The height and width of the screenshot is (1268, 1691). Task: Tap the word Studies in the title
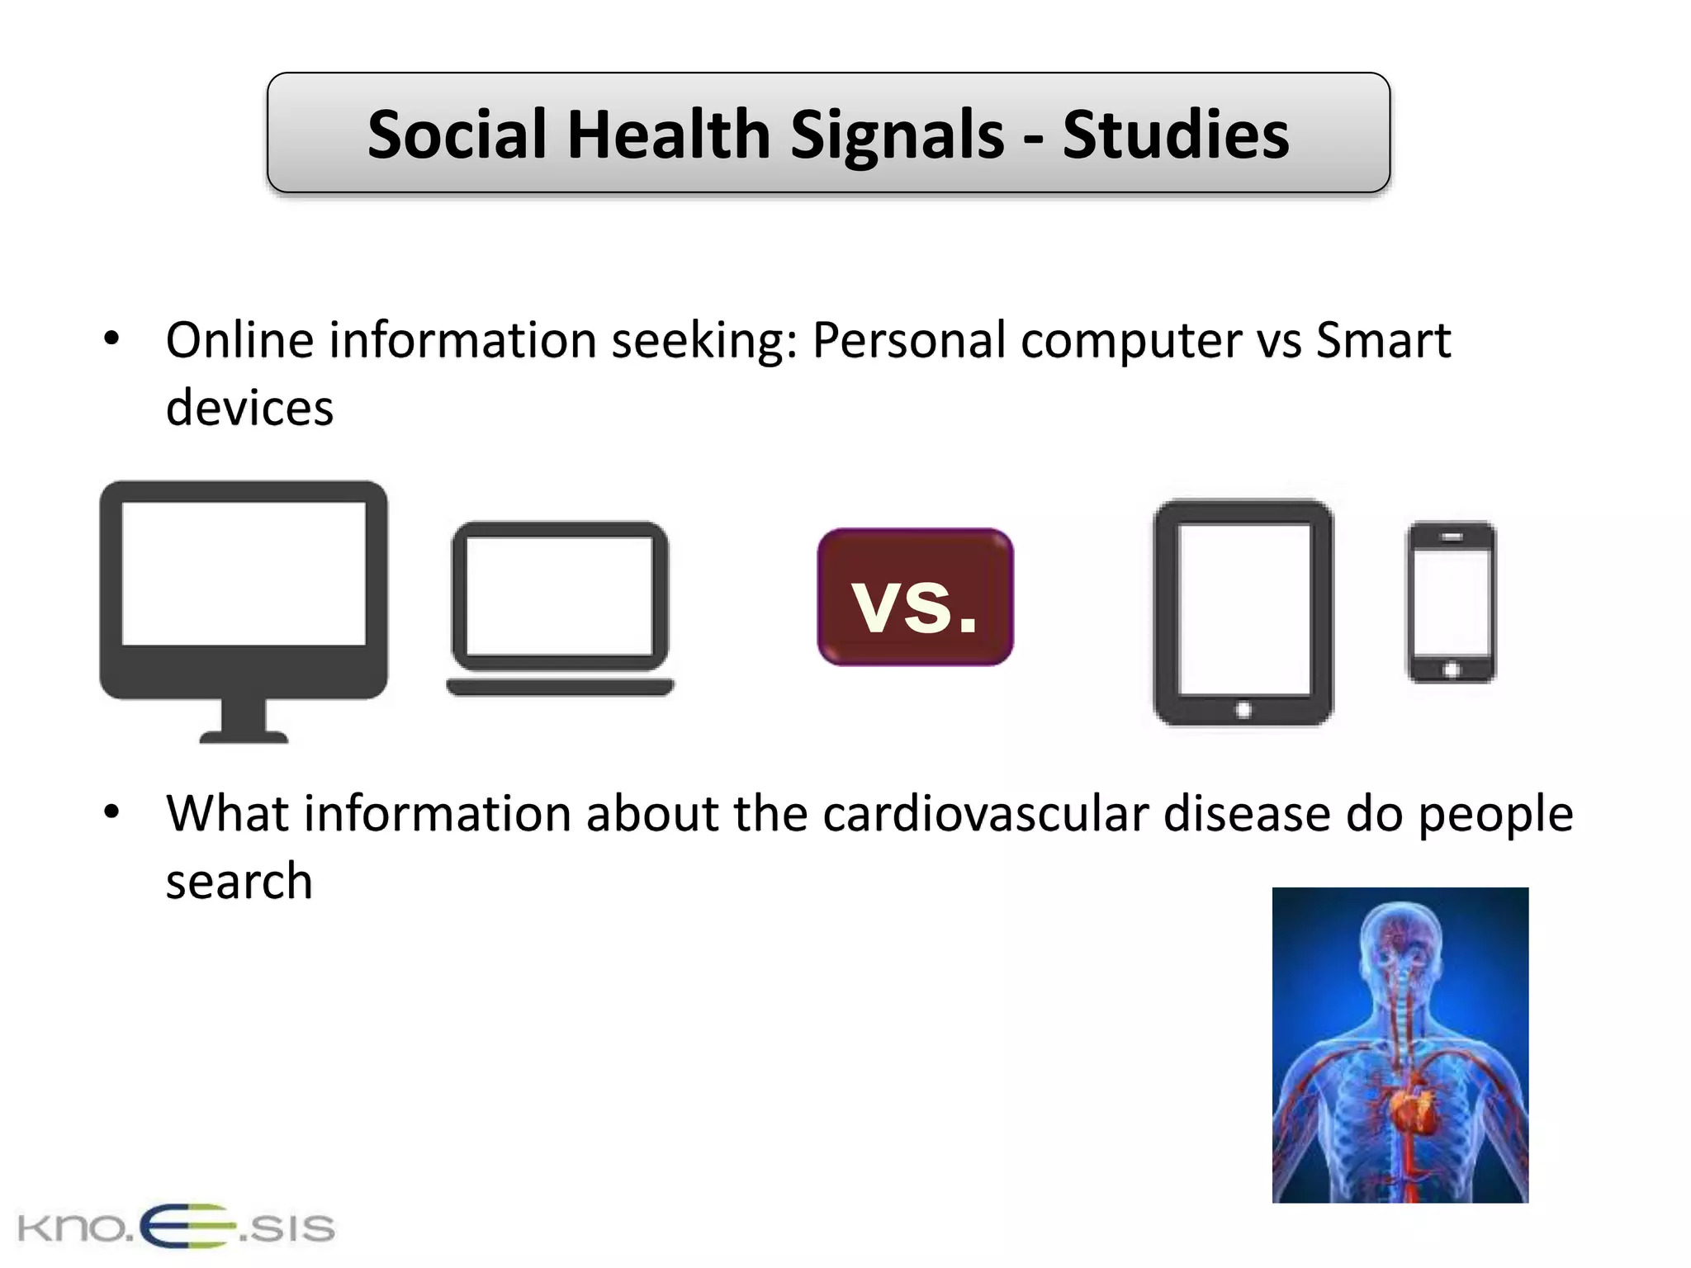(1175, 135)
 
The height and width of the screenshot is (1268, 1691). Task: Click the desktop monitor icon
(244, 590)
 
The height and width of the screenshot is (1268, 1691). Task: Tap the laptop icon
(561, 607)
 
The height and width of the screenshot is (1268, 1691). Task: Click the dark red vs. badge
(915, 597)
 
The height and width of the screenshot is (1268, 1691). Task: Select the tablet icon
(1243, 611)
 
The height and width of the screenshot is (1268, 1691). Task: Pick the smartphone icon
(1452, 601)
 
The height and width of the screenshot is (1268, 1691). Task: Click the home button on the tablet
(1243, 710)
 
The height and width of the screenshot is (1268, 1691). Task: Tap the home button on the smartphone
(1452, 669)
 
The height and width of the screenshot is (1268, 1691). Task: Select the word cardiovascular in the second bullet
(985, 814)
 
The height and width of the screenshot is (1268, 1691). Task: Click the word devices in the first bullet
(249, 408)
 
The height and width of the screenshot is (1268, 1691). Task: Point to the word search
(239, 881)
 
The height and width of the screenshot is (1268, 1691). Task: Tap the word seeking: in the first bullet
(704, 340)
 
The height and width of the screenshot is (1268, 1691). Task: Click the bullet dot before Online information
(111, 339)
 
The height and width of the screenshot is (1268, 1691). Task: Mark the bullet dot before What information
(111, 812)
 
